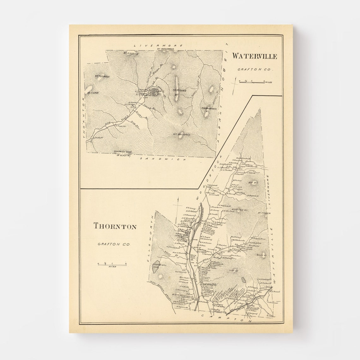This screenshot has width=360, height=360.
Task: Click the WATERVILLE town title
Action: (255, 57)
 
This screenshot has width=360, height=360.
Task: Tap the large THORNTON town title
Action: (115, 226)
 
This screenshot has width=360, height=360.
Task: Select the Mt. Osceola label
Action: (129, 53)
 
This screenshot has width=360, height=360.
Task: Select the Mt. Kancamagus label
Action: (166, 50)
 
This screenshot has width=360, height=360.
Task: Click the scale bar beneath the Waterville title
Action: (252, 82)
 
